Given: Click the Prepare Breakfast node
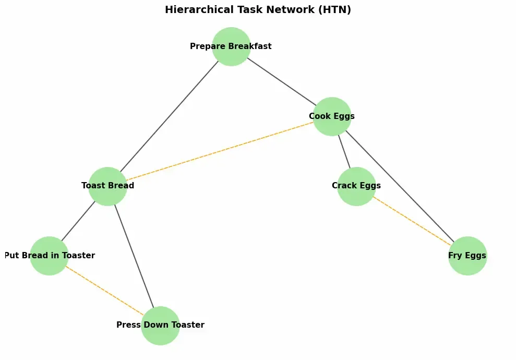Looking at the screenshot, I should (x=231, y=46).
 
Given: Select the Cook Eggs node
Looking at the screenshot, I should (x=332, y=116).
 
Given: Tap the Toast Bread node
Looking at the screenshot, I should (x=107, y=186).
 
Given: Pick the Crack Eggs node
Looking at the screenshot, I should (x=356, y=186).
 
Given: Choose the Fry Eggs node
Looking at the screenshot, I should (x=467, y=256).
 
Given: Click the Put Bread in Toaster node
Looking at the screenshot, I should (x=49, y=256).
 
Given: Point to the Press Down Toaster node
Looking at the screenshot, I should (x=161, y=325).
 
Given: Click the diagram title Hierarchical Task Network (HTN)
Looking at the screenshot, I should (x=258, y=10).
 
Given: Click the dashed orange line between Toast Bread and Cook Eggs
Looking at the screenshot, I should (x=219, y=151).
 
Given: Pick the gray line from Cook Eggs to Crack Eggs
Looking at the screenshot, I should (x=344, y=151).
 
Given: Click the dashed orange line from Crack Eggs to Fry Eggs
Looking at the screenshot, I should (x=412, y=221).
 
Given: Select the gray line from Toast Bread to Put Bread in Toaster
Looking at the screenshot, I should (x=78, y=221).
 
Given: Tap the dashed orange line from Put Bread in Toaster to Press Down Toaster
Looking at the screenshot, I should (x=105, y=290).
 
